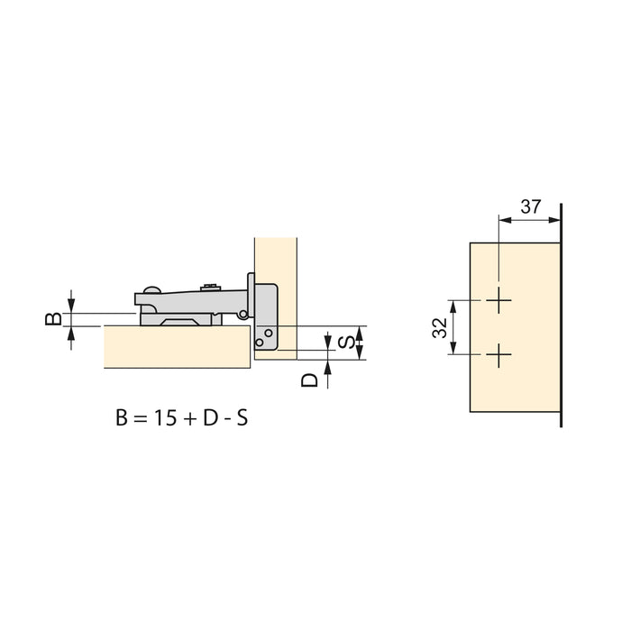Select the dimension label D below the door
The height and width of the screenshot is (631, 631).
coord(309,378)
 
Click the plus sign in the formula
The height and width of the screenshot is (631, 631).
coord(191,419)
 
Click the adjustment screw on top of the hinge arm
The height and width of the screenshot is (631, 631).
coord(212,288)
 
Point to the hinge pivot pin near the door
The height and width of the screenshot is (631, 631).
coord(243,314)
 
